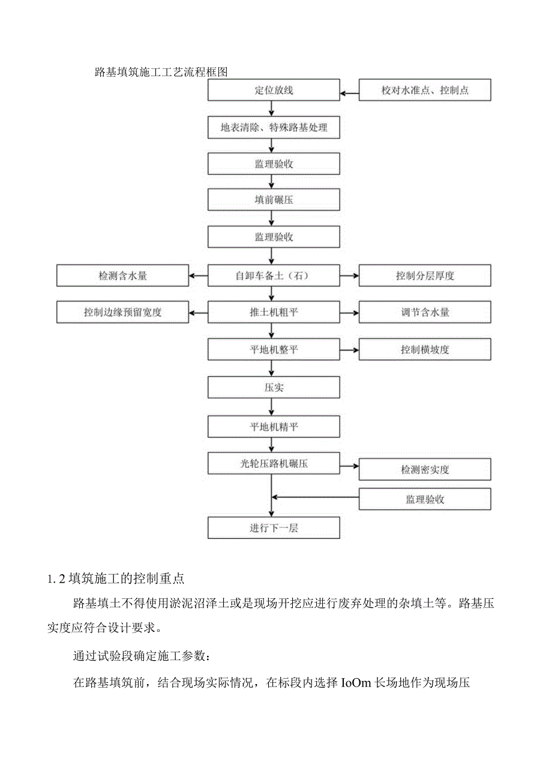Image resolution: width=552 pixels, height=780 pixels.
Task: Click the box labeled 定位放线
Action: [274, 91]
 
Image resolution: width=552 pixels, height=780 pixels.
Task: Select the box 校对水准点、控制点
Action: [425, 91]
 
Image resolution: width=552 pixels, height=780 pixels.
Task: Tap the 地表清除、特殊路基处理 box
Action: [274, 127]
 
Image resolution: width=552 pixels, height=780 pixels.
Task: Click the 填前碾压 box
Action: [274, 201]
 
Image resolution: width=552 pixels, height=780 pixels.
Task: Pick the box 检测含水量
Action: [123, 276]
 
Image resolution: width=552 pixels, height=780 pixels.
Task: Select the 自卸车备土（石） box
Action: [274, 276]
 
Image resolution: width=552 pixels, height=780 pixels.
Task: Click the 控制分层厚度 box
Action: [425, 276]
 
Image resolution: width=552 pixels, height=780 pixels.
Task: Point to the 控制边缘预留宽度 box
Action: [123, 312]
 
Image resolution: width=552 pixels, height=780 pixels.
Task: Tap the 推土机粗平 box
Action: [274, 312]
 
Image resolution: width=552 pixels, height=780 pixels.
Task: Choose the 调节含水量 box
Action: [425, 312]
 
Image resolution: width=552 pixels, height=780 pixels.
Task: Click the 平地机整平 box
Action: [274, 350]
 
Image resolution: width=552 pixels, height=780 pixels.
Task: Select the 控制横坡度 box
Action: [425, 350]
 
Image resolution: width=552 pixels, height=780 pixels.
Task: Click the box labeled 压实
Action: [274, 387]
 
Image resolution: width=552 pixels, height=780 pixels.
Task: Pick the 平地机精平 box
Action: [274, 426]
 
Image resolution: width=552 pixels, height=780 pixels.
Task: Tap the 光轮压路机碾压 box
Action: [274, 463]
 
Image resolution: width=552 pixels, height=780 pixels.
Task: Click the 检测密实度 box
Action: [425, 469]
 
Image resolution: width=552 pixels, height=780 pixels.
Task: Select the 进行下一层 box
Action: [274, 528]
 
